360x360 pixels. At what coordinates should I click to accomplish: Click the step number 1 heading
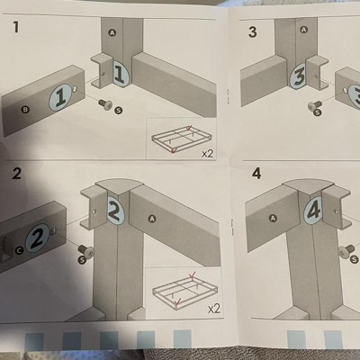pos(15,27)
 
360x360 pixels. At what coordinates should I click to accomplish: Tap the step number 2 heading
pos(17,174)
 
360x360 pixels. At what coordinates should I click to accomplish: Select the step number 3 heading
pos(253,32)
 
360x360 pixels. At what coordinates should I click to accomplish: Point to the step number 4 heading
pos(256,173)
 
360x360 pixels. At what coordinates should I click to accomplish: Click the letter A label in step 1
pos(112,33)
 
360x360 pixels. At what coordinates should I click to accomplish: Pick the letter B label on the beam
pos(25,110)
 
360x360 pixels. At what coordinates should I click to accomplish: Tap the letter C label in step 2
pos(20,249)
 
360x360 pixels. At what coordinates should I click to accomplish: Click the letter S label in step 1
pos(119,111)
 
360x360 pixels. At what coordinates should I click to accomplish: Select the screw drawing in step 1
pos(105,104)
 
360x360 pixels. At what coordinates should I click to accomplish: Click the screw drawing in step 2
pos(86,250)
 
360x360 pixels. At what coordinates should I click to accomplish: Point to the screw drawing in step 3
pos(315,105)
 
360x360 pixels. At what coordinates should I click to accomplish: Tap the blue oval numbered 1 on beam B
pos(61,97)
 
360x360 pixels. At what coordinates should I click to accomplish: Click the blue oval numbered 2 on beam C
pos(38,238)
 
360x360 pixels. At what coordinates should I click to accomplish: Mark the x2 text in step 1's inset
pos(207,154)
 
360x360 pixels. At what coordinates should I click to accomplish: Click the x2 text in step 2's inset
pos(214,309)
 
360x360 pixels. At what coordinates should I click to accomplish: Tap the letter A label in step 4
pos(273,218)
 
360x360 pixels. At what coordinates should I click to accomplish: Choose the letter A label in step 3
pos(304,30)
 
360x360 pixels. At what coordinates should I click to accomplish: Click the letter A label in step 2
pos(153,220)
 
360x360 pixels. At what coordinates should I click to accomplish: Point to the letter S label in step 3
pos(318,112)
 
